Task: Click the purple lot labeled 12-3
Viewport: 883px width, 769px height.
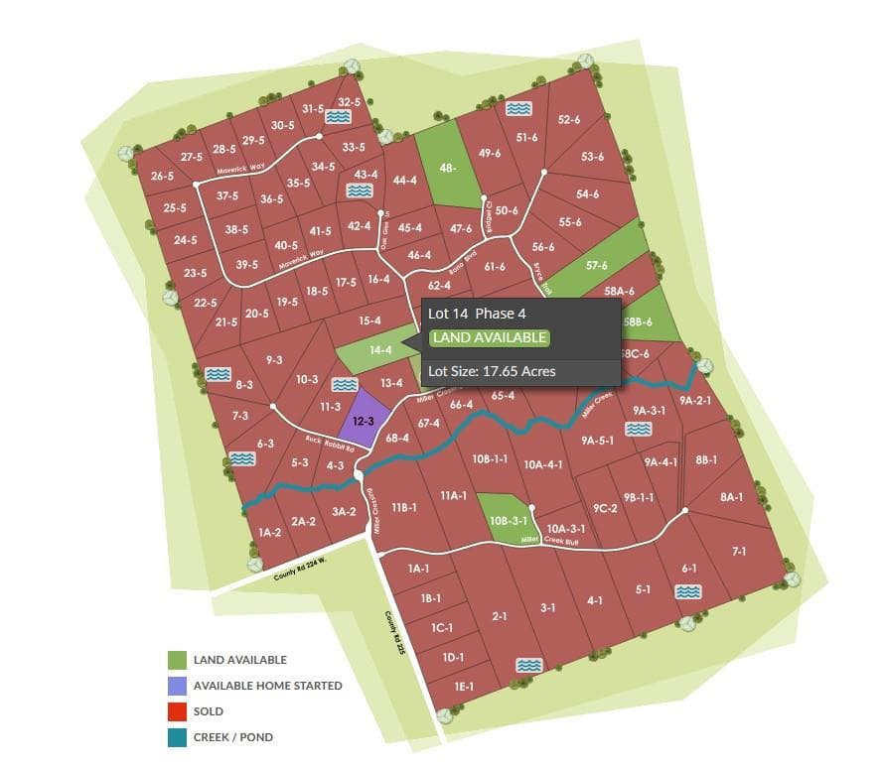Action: click(364, 421)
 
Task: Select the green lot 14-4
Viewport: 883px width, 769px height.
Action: click(379, 350)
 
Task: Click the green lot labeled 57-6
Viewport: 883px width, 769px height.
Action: click(597, 266)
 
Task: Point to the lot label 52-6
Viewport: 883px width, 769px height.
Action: click(569, 120)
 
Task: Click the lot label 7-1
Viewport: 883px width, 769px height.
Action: click(739, 551)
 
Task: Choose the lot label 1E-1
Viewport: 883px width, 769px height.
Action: click(464, 686)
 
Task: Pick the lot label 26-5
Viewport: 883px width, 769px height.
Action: click(163, 177)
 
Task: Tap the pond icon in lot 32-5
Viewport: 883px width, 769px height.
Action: click(339, 117)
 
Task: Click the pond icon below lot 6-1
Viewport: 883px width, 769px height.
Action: click(687, 591)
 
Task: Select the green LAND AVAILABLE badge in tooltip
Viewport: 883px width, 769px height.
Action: click(489, 337)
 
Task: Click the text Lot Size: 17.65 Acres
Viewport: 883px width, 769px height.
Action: click(492, 372)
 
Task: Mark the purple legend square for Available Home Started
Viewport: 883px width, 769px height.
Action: click(178, 686)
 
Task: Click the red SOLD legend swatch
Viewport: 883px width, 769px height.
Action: click(178, 711)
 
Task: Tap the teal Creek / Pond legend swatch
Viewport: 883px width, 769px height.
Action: click(178, 737)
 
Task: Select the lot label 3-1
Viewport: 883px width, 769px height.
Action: click(547, 606)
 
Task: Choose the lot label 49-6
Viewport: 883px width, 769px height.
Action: click(489, 154)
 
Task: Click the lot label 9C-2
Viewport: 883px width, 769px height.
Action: click(606, 508)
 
